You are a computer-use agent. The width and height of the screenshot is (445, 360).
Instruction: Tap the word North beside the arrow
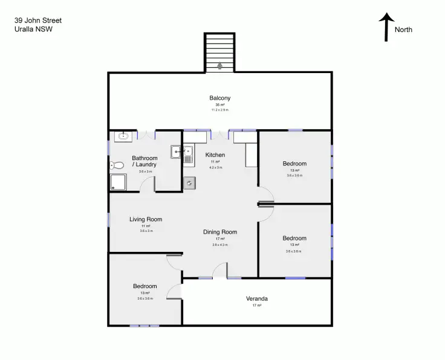(x=404, y=30)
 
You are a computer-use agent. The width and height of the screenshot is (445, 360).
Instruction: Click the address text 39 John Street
(x=38, y=21)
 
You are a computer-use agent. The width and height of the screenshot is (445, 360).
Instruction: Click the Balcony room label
(x=220, y=98)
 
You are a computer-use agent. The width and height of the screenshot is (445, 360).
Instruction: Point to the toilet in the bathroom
(x=117, y=165)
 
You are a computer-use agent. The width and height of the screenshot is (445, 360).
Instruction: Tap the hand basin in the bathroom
(x=123, y=137)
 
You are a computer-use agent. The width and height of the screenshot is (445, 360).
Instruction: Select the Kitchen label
(x=215, y=155)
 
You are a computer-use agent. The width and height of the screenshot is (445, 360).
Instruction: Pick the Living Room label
(x=146, y=219)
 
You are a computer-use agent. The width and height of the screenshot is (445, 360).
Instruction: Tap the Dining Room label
(x=220, y=232)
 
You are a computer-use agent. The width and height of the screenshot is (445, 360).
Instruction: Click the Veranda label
(x=257, y=298)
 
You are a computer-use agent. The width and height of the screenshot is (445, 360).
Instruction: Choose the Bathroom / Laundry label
(x=145, y=161)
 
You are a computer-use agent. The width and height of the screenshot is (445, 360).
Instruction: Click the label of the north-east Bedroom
(x=294, y=164)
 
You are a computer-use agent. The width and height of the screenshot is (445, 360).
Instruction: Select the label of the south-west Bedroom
(x=145, y=286)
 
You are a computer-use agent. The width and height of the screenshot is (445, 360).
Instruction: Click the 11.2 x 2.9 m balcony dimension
(x=220, y=110)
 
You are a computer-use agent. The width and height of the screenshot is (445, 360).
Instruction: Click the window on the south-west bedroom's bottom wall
(x=144, y=326)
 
